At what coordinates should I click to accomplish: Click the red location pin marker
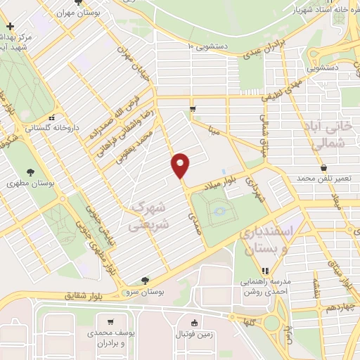click(181, 165)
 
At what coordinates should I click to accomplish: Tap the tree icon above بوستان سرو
click(145, 280)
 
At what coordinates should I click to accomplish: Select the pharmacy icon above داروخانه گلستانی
click(51, 118)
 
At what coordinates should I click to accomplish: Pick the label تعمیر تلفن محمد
click(323, 179)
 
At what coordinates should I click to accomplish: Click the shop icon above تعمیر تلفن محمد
click(323, 168)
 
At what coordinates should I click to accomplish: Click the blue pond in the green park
click(219, 210)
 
